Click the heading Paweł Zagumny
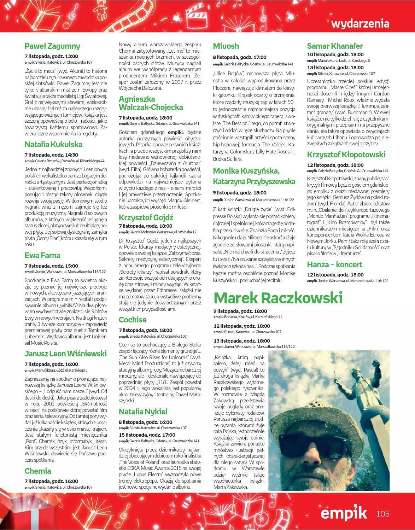click(52, 46)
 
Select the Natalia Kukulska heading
click(53, 144)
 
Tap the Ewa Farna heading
click(42, 255)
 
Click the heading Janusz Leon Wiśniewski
click(65, 354)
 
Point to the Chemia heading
click(38, 471)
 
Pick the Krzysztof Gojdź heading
click(146, 217)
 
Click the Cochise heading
click(133, 320)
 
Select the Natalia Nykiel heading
click(143, 412)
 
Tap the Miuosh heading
click(226, 46)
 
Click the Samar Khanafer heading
click(335, 46)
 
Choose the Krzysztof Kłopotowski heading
click(346, 155)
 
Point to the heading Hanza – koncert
click(334, 264)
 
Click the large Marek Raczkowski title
click(278, 298)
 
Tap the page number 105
click(382, 513)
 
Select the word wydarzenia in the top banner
click(360, 24)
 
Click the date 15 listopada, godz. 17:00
click(147, 435)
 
